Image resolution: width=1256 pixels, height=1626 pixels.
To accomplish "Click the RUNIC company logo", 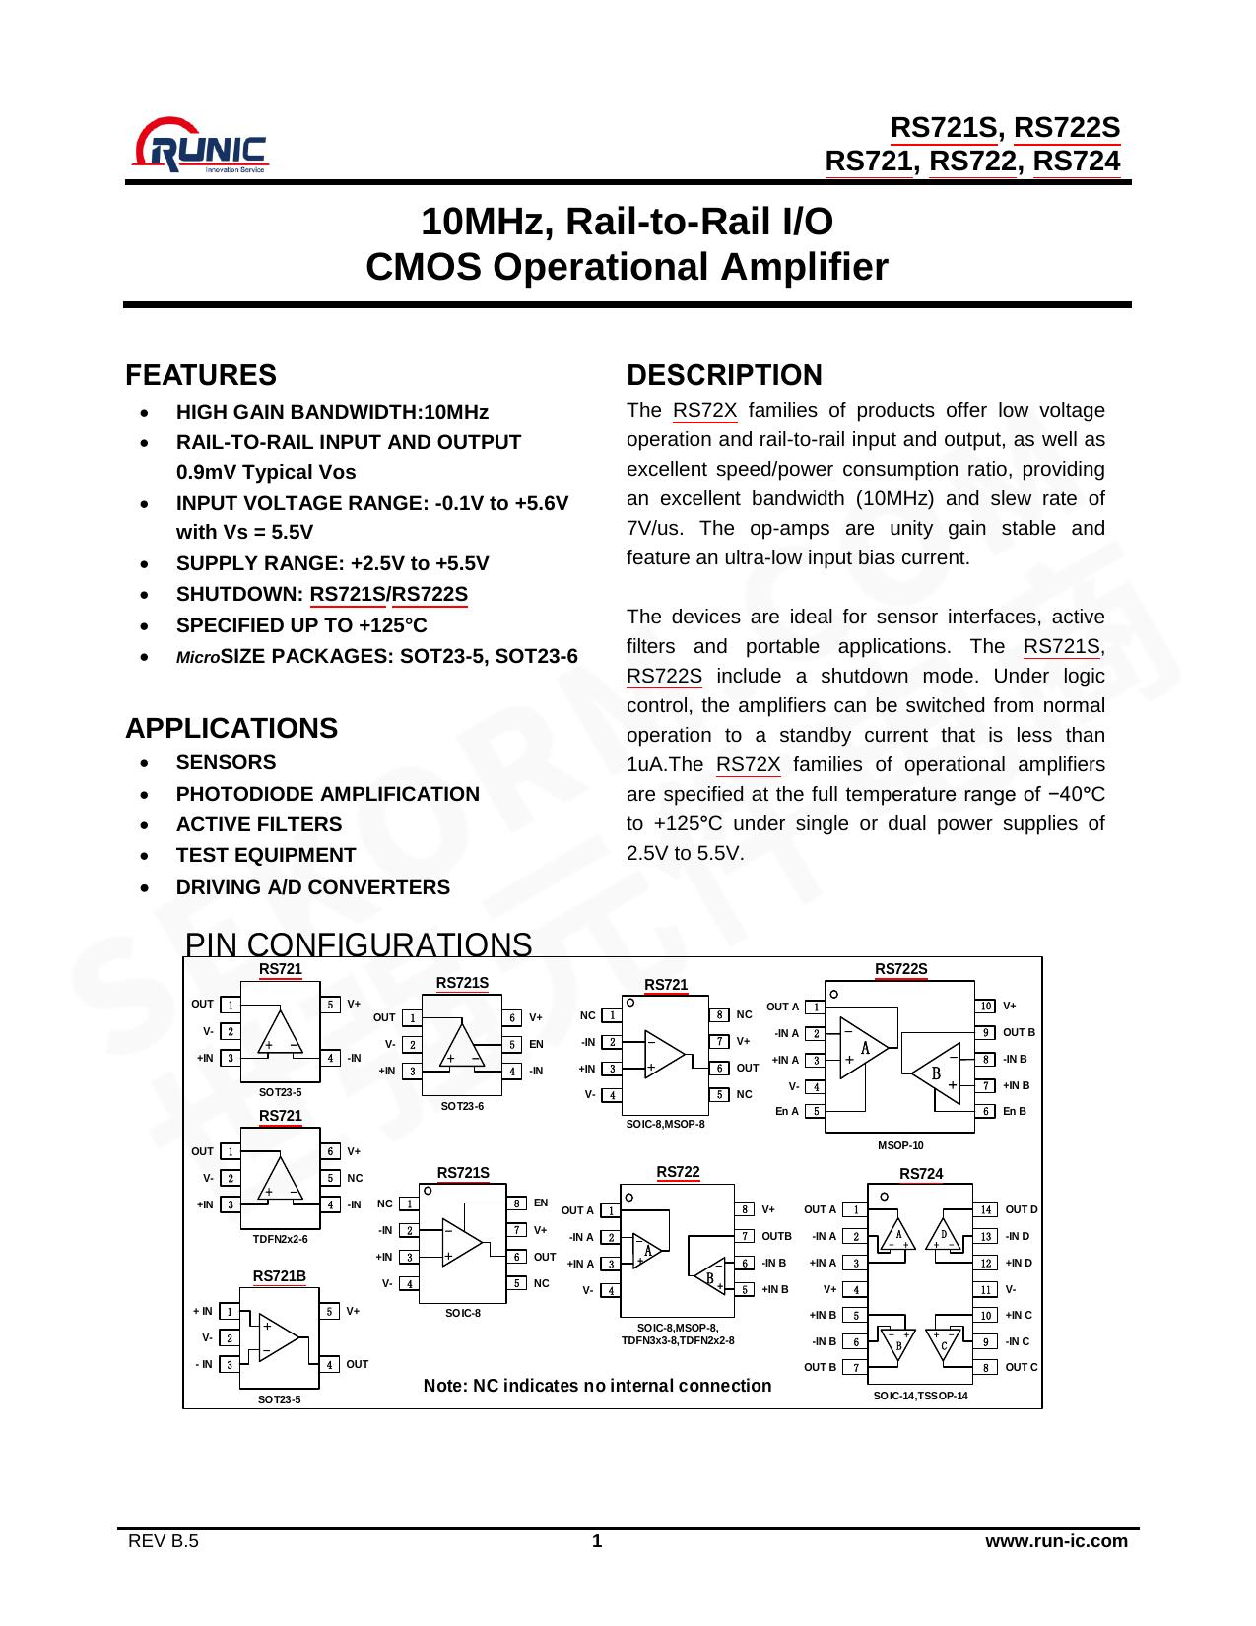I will pyautogui.click(x=201, y=146).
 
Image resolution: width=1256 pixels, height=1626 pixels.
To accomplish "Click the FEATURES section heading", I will pyautogui.click(x=201, y=375).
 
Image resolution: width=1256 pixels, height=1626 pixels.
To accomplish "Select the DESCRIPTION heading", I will pyautogui.click(x=724, y=375).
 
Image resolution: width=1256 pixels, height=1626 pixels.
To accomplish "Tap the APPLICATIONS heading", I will pyautogui.click(x=231, y=728).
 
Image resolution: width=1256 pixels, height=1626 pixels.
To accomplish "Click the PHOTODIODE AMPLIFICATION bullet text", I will pyautogui.click(x=327, y=794).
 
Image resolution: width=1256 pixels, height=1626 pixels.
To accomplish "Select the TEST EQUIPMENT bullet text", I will pyautogui.click(x=266, y=855).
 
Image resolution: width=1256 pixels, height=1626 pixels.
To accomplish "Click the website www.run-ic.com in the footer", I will pyautogui.click(x=1057, y=1541).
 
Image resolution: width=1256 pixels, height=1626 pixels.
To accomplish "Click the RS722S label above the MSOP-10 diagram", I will pyautogui.click(x=901, y=969).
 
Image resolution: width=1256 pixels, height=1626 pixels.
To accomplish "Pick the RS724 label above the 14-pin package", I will pyautogui.click(x=921, y=1174).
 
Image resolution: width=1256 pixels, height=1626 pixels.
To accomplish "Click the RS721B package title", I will pyautogui.click(x=280, y=1276).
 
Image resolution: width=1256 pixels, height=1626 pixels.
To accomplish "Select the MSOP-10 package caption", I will pyautogui.click(x=900, y=1145).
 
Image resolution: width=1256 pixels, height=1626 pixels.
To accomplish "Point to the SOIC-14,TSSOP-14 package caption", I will pyautogui.click(x=921, y=1396).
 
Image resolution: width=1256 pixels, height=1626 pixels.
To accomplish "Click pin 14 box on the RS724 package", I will pyautogui.click(x=986, y=1209).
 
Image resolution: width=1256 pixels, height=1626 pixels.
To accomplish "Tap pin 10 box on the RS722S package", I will pyautogui.click(x=986, y=1006).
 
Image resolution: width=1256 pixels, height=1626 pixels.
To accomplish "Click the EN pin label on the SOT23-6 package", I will pyautogui.click(x=536, y=1044).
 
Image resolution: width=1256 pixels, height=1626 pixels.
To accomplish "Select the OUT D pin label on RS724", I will pyautogui.click(x=1022, y=1209).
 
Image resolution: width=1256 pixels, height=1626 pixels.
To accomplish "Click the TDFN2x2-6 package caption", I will pyautogui.click(x=280, y=1239).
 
